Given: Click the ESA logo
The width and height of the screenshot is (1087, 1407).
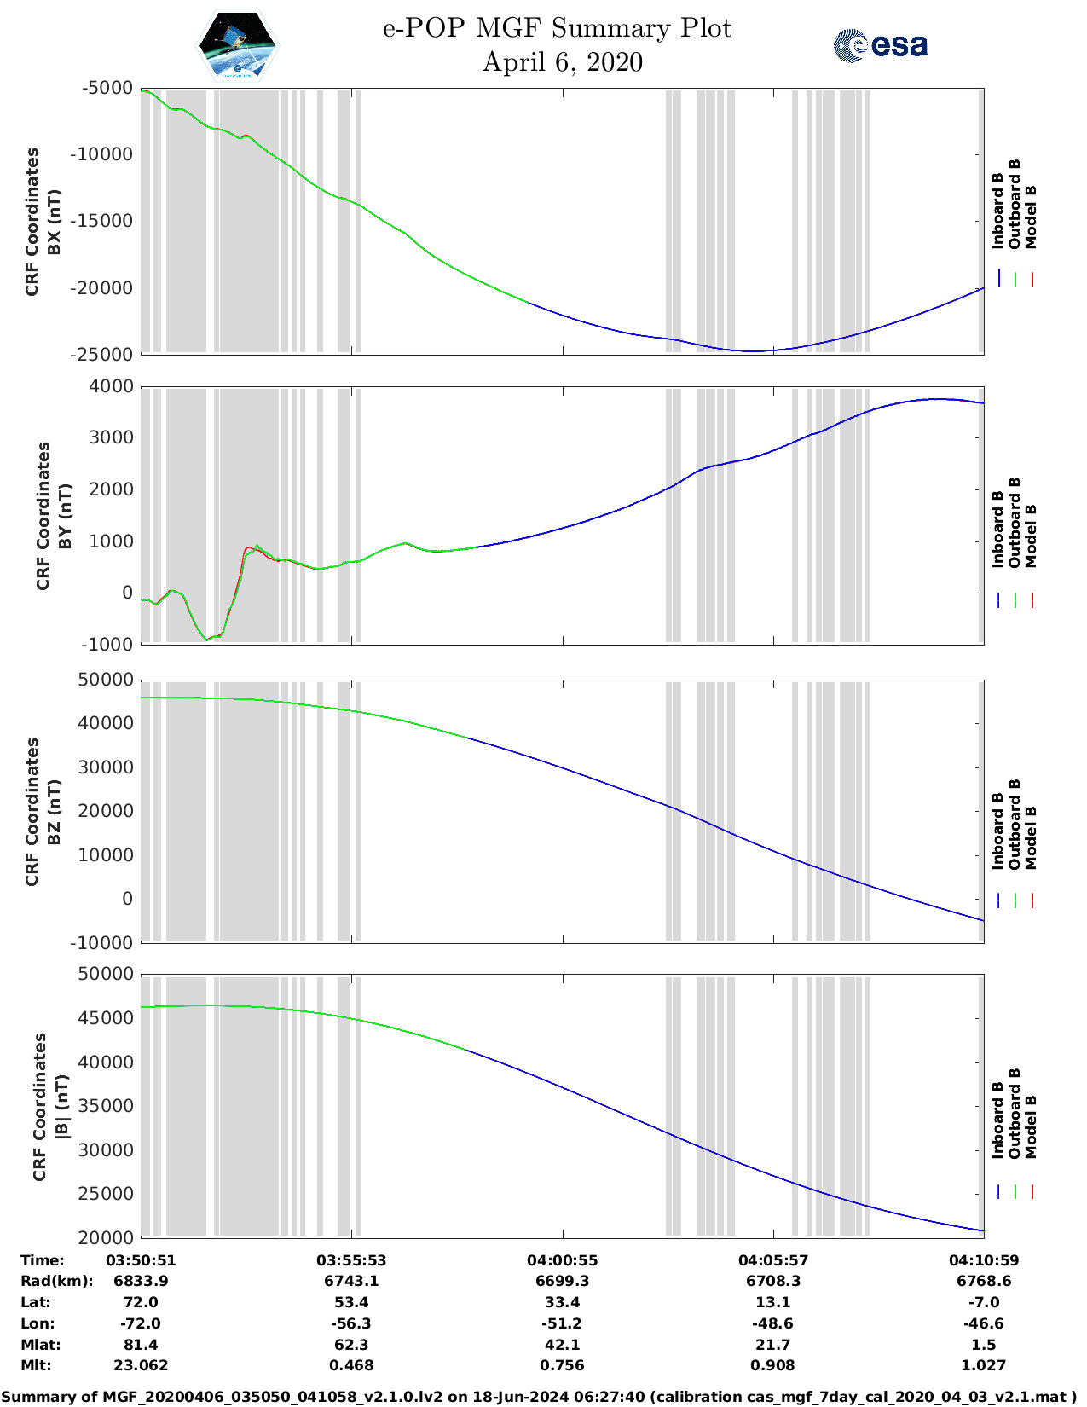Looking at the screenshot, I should click(x=881, y=45).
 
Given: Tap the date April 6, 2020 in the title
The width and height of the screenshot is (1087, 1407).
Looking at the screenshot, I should click(x=562, y=62).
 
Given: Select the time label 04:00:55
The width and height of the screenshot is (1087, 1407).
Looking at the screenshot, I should click(x=562, y=1259).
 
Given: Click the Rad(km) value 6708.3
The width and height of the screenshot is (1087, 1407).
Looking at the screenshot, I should click(x=772, y=1281).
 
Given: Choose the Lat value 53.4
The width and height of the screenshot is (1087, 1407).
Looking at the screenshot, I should click(x=351, y=1302).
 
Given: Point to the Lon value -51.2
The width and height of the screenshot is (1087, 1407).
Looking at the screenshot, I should click(x=562, y=1323).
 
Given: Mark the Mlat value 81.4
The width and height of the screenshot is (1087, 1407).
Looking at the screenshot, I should click(x=141, y=1345).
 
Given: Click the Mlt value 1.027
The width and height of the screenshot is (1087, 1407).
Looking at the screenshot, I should click(x=984, y=1365).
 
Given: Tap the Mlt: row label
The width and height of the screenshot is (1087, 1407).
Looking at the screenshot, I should click(x=36, y=1365).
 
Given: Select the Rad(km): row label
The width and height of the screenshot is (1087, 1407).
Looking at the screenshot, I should click(x=56, y=1281).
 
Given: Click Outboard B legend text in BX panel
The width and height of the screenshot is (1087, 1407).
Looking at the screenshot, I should click(x=1015, y=205).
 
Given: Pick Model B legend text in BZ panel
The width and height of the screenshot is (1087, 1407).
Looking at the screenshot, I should click(x=1031, y=837).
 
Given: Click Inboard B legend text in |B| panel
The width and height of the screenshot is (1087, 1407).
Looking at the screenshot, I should click(x=998, y=1120).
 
